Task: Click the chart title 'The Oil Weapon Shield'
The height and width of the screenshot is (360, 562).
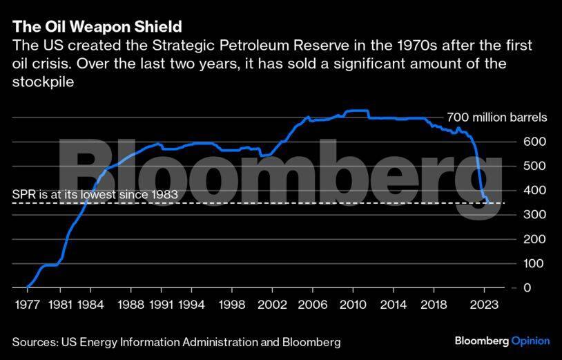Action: click(x=97, y=27)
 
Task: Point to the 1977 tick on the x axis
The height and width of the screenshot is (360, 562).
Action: click(x=27, y=304)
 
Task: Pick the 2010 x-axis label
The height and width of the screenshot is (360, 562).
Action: click(x=352, y=304)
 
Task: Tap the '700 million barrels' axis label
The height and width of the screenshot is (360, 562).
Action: click(x=496, y=117)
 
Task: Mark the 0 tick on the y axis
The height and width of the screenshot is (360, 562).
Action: click(x=528, y=287)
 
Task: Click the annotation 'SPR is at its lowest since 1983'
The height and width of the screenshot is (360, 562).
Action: click(x=95, y=195)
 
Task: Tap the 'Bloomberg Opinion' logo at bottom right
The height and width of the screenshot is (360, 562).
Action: click(x=502, y=341)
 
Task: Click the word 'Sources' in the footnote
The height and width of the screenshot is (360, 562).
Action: click(x=33, y=342)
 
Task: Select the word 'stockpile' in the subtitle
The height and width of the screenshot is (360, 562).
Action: click(x=43, y=82)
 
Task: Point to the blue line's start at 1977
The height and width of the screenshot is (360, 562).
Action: click(x=27, y=287)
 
